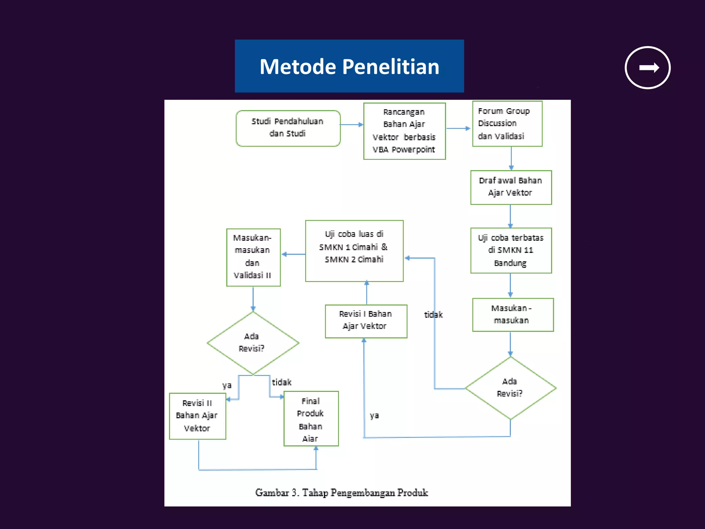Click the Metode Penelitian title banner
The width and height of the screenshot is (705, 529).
click(x=349, y=66)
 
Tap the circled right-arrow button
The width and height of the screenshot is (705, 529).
click(x=648, y=68)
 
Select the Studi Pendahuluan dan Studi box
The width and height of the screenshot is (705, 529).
click(x=288, y=128)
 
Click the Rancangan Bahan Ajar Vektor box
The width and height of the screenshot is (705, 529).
click(x=404, y=131)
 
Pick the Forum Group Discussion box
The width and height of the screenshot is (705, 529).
click(x=507, y=124)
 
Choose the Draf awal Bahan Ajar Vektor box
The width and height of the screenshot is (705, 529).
click(x=511, y=187)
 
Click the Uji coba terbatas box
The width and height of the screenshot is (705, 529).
click(x=511, y=250)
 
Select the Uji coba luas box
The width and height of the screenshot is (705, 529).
click(x=354, y=251)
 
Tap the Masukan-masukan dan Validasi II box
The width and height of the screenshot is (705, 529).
click(x=253, y=257)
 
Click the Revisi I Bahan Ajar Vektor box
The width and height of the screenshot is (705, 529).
click(x=366, y=321)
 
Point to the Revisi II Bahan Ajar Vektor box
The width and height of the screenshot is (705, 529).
click(x=197, y=416)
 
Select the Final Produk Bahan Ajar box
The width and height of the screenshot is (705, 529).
click(x=311, y=419)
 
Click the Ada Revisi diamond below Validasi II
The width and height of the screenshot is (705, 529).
click(x=253, y=343)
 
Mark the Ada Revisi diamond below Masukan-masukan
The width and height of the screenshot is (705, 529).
click(x=510, y=388)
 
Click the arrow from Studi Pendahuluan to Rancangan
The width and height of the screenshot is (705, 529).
click(x=351, y=125)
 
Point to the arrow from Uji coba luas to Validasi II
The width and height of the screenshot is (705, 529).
click(x=293, y=254)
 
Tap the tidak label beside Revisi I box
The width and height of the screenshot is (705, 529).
click(x=433, y=315)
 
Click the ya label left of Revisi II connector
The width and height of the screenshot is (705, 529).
click(x=227, y=385)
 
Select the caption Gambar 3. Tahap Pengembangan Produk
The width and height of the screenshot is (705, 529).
click(x=341, y=493)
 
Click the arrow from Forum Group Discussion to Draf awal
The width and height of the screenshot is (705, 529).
click(x=511, y=158)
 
